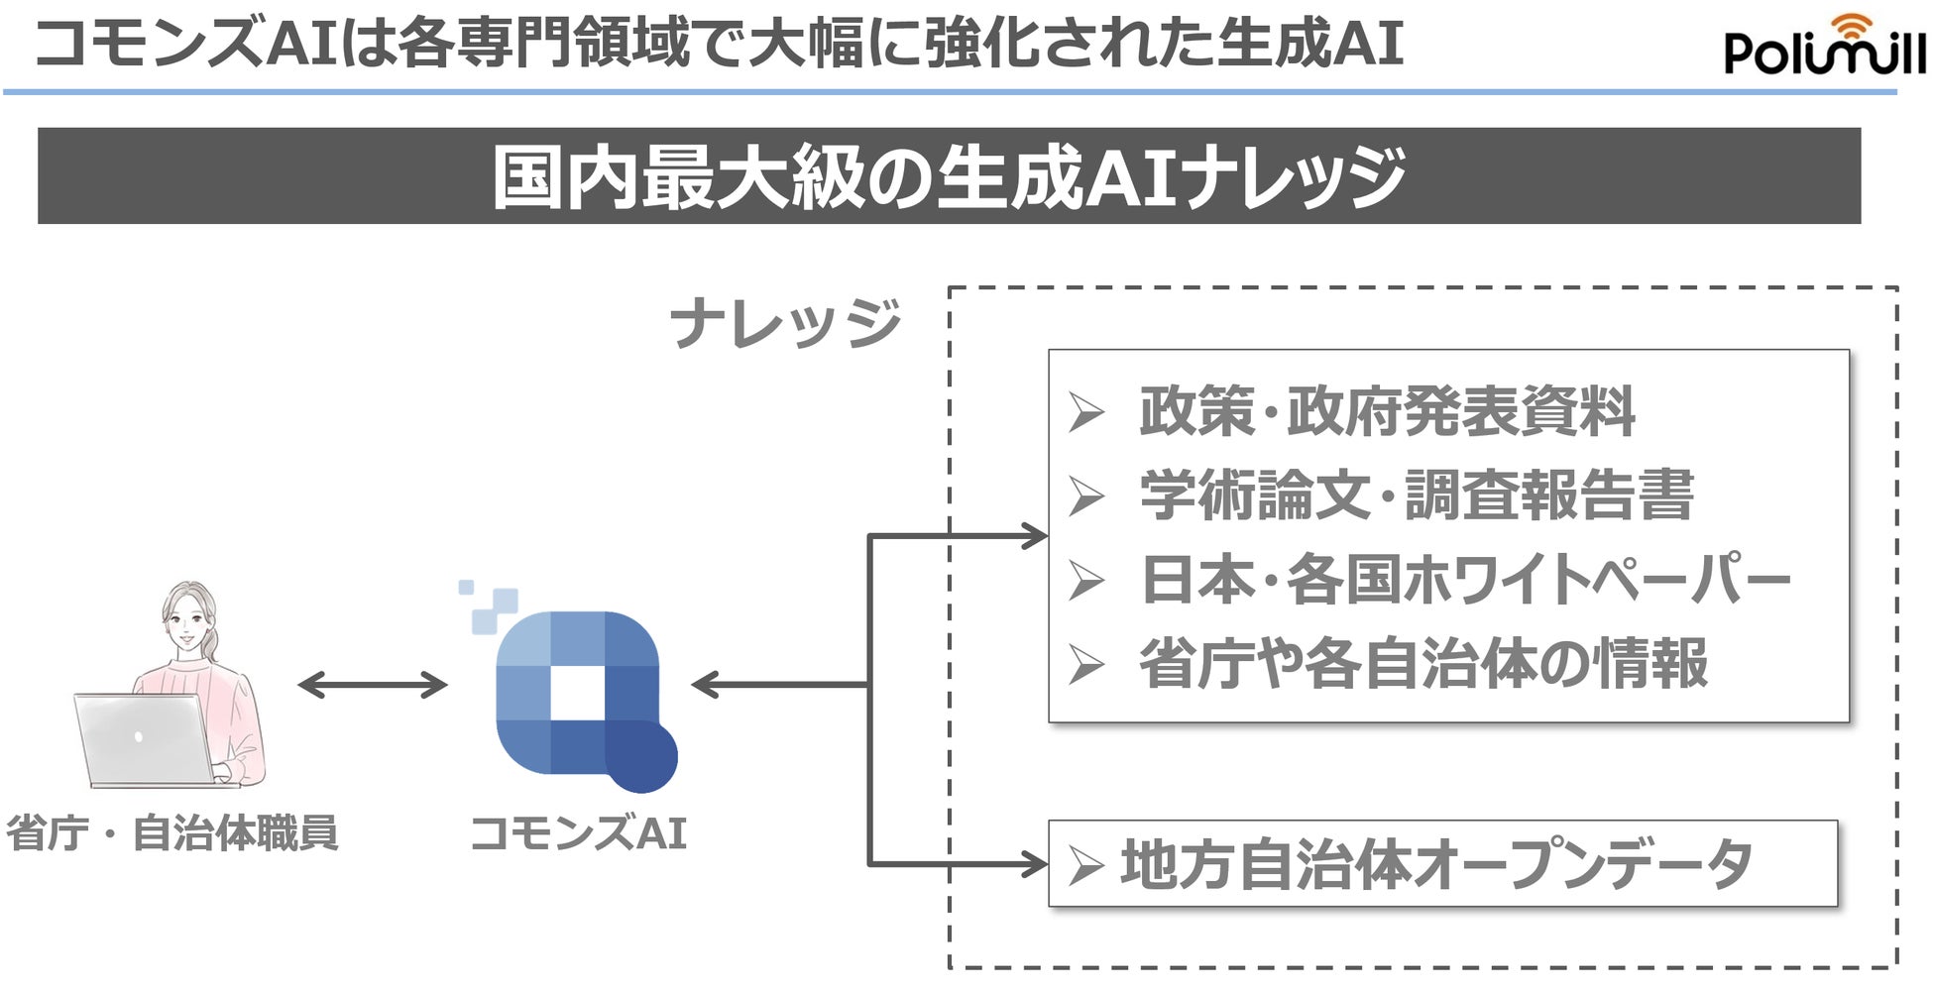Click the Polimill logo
(1824, 47)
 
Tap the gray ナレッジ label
(786, 323)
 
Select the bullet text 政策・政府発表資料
(1387, 411)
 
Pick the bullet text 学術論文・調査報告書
(1417, 496)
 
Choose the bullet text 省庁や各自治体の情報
(1423, 664)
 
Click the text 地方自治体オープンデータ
(1436, 864)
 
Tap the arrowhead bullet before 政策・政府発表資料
(1086, 412)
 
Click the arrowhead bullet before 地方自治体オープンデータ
(1086, 866)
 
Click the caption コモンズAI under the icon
(578, 833)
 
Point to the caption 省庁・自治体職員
(172, 833)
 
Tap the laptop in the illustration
(144, 738)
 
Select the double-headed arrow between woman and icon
(372, 685)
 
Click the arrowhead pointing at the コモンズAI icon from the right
(705, 685)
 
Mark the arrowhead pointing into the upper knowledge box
(1035, 536)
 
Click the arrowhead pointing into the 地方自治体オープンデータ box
(1035, 864)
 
